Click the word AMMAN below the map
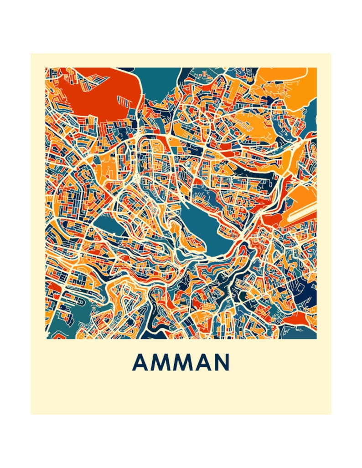click(x=181, y=362)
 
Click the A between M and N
click(x=202, y=362)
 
